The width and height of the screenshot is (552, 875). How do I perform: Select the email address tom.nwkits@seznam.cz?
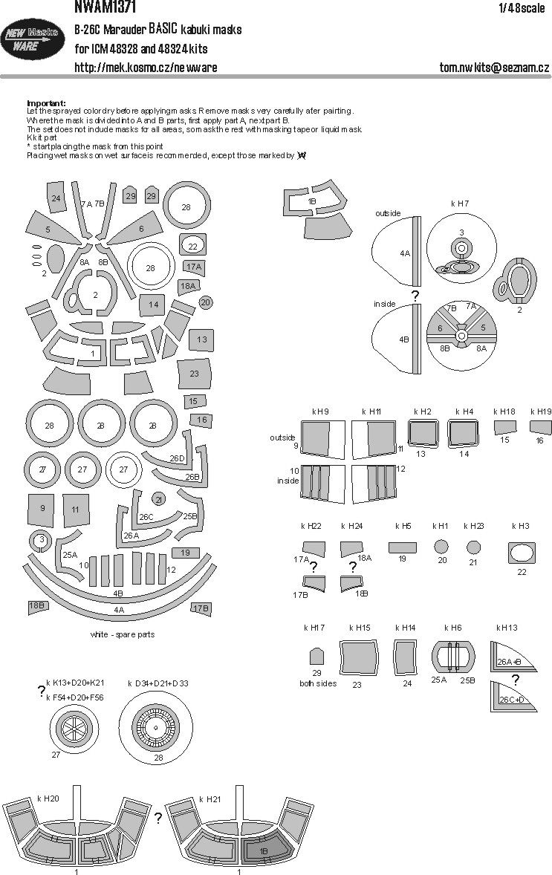tap(494, 68)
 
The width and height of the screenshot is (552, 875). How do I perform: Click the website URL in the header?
tap(146, 68)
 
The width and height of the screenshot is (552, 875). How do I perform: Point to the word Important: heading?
tap(46, 103)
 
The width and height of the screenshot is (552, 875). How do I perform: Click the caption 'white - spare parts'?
tap(122, 635)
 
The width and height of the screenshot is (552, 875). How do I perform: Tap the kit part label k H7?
tap(460, 203)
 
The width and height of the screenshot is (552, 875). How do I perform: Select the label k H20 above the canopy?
tap(49, 798)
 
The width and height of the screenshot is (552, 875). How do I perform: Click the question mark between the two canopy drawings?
tap(158, 818)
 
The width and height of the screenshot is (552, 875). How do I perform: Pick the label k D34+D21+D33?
tap(158, 683)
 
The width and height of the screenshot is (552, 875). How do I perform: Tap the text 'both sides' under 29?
tap(318, 683)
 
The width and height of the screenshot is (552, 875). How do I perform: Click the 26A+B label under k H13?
tap(509, 661)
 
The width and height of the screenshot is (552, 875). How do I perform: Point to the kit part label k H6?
tap(453, 628)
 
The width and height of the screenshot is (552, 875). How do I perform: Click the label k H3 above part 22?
tap(520, 526)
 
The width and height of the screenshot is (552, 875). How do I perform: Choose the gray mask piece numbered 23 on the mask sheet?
tap(194, 374)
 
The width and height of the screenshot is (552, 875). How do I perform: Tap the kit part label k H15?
tap(359, 628)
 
